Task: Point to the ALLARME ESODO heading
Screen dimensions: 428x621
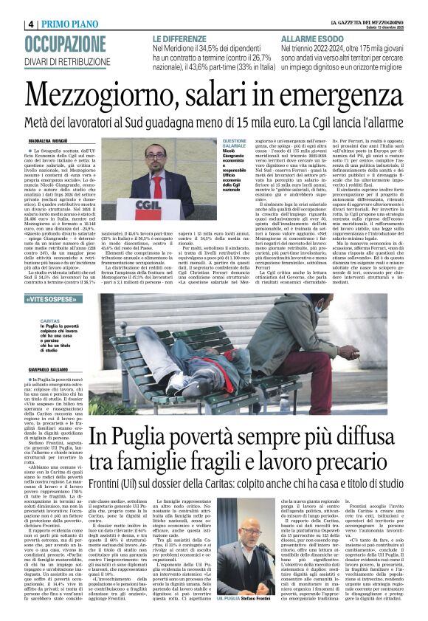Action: [x=308, y=37]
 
